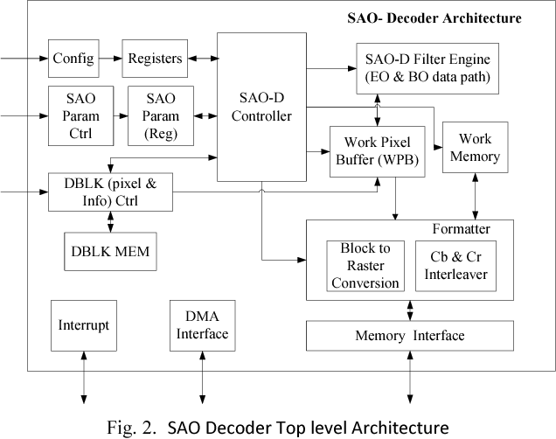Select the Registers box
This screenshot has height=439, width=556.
tap(155, 59)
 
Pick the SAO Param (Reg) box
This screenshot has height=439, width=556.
tap(161, 115)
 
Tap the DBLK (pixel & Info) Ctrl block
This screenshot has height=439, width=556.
tap(110, 192)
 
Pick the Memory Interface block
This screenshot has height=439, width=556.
tap(409, 336)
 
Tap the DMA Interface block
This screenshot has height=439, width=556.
tap(202, 325)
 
